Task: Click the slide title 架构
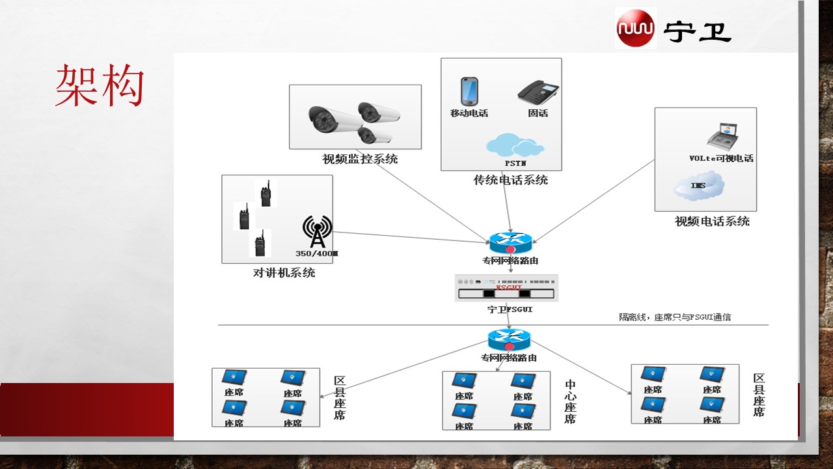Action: pyautogui.click(x=99, y=85)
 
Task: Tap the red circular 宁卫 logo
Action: pyautogui.click(x=636, y=28)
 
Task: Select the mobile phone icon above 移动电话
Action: pyautogui.click(x=469, y=91)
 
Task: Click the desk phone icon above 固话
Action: pyautogui.click(x=538, y=92)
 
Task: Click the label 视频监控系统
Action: pyautogui.click(x=360, y=158)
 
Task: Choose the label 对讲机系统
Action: pyautogui.click(x=284, y=272)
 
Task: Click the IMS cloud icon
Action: pyautogui.click(x=699, y=186)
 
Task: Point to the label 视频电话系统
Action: pyautogui.click(x=712, y=221)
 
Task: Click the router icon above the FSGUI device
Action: pyautogui.click(x=511, y=243)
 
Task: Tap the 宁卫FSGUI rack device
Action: pyautogui.click(x=507, y=288)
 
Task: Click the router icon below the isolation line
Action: pyautogui.click(x=509, y=340)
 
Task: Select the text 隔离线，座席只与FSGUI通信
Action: pyautogui.click(x=675, y=317)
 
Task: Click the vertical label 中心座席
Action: pyautogui.click(x=570, y=402)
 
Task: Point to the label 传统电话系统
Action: pyautogui.click(x=510, y=180)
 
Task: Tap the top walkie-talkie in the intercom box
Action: pyautogui.click(x=266, y=193)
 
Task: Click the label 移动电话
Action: pyautogui.click(x=469, y=113)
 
